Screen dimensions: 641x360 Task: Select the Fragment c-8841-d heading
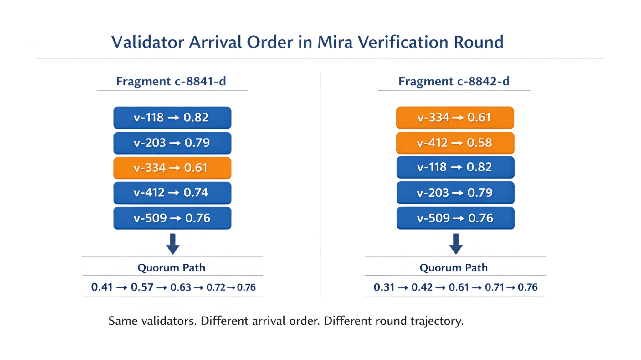click(171, 81)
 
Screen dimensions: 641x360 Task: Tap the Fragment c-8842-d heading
click(454, 81)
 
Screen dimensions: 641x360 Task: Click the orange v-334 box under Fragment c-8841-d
click(172, 168)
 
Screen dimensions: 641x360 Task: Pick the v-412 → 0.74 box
click(172, 193)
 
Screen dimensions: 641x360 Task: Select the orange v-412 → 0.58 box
click(455, 143)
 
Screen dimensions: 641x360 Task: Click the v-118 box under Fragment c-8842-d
click(455, 167)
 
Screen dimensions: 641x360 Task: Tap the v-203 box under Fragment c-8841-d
click(172, 143)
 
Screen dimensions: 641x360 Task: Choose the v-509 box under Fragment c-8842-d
click(455, 218)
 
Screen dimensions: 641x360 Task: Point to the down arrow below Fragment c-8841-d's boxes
click(173, 244)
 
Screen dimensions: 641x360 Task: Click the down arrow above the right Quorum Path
click(456, 244)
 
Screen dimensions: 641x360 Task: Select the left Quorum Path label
click(172, 268)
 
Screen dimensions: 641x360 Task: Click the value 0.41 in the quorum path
click(102, 287)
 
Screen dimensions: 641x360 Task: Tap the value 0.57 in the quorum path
click(142, 287)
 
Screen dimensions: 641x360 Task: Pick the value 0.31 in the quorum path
click(384, 287)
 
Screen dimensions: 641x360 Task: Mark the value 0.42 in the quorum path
click(422, 287)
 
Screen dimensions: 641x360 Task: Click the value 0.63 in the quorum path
click(181, 287)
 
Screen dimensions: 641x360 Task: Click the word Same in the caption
click(123, 321)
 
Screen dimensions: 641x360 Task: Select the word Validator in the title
click(148, 42)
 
